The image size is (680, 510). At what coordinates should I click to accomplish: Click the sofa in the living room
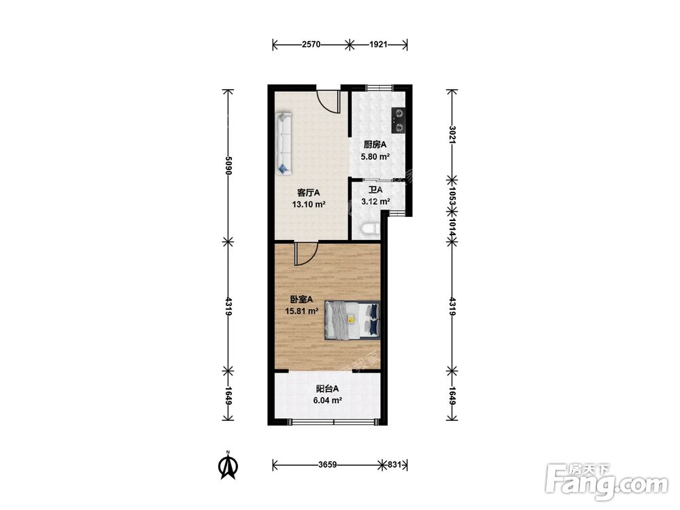click(284, 143)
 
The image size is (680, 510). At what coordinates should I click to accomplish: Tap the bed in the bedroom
click(352, 320)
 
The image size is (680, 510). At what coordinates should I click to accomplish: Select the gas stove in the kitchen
click(398, 120)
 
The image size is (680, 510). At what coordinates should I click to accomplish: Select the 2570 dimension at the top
click(311, 44)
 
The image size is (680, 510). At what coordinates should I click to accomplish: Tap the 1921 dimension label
click(378, 44)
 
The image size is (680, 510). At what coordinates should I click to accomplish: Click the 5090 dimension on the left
click(228, 165)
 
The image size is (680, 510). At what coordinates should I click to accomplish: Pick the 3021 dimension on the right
click(452, 135)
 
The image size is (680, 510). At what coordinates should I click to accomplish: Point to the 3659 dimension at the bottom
click(328, 465)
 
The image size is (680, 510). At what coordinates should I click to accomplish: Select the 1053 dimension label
click(452, 196)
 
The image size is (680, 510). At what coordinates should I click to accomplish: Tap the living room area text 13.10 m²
click(309, 204)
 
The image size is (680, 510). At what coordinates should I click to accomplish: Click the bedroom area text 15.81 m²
click(302, 311)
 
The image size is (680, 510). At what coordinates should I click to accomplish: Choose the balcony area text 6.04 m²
click(328, 401)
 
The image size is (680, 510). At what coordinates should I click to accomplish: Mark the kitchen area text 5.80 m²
click(375, 156)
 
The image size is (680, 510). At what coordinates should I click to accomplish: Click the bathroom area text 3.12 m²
click(375, 201)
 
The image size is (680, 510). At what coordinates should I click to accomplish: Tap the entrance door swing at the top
click(328, 101)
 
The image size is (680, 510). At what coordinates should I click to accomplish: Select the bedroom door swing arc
click(306, 254)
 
